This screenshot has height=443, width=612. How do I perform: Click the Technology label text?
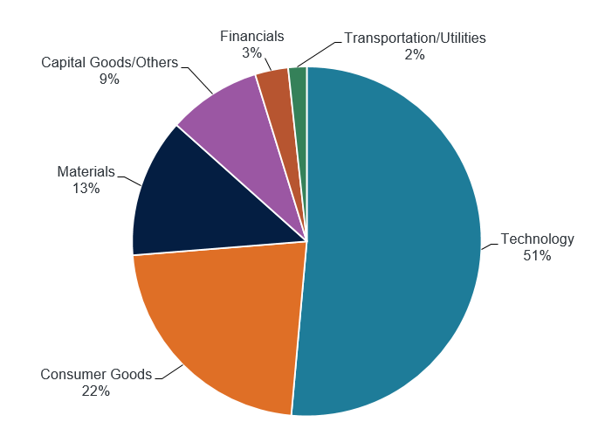pos(537,239)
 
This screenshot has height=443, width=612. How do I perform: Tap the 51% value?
pos(537,256)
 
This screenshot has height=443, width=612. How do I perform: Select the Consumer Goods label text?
pos(96,375)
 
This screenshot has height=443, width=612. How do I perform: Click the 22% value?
pos(96,391)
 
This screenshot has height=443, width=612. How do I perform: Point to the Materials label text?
pos(86,171)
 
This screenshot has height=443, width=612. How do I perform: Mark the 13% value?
pos(86,188)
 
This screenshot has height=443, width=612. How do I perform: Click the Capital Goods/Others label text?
pos(109,63)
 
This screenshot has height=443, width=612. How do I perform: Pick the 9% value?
pos(109,80)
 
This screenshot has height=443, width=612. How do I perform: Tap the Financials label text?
pos(251,37)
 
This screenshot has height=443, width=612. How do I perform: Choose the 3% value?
pos(251,53)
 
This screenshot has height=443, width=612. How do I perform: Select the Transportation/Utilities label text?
pos(415,38)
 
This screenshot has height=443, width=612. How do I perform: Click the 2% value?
pos(415,54)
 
